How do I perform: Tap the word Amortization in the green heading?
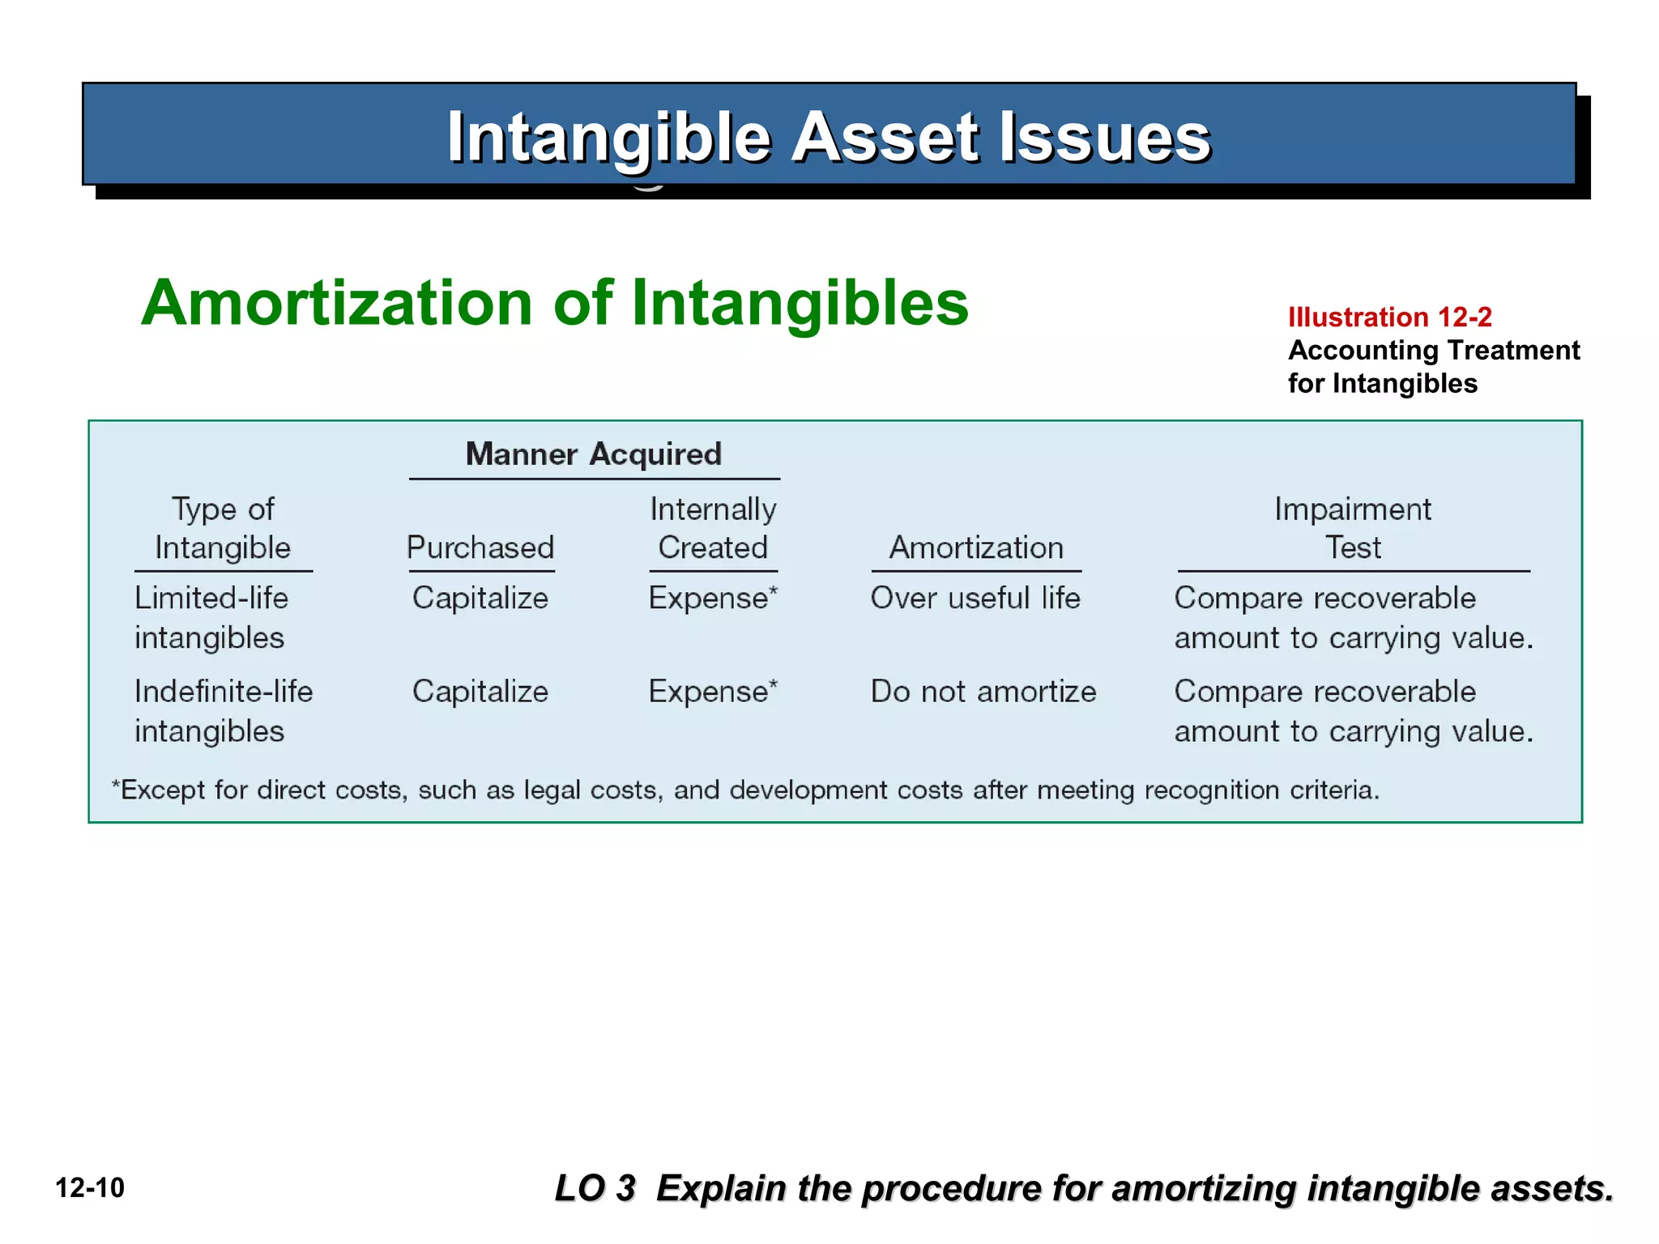pyautogui.click(x=336, y=303)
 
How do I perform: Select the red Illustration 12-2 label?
pyautogui.click(x=1389, y=317)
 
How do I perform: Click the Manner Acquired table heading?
pyautogui.click(x=593, y=454)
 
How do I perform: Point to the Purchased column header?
pyautogui.click(x=480, y=547)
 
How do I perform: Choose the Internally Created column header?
pyautogui.click(x=713, y=528)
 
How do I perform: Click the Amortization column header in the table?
pyautogui.click(x=976, y=547)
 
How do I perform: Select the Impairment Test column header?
pyautogui.click(x=1353, y=528)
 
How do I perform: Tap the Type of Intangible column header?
pyautogui.click(x=223, y=528)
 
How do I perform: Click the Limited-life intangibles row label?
pyautogui.click(x=211, y=617)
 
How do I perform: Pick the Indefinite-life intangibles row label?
pyautogui.click(x=223, y=710)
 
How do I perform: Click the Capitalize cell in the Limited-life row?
pyautogui.click(x=480, y=599)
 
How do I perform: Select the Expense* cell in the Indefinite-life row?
pyautogui.click(x=713, y=692)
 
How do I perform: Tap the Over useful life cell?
pyautogui.click(x=975, y=599)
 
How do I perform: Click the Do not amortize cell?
pyautogui.click(x=983, y=692)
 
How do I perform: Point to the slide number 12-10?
pyautogui.click(x=90, y=1188)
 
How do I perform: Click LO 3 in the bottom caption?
pyautogui.click(x=595, y=1188)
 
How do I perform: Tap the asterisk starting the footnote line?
pyautogui.click(x=115, y=786)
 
